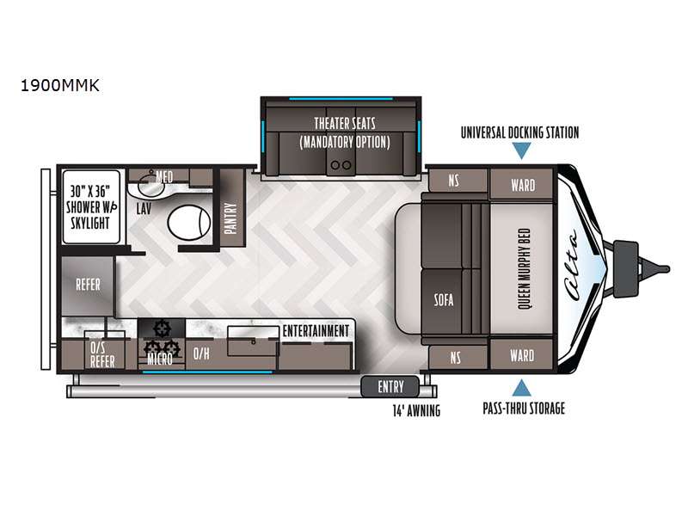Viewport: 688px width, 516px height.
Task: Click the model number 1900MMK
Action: (x=60, y=84)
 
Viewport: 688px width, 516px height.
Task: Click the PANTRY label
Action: (x=230, y=218)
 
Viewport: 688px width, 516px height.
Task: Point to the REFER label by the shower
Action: (x=89, y=285)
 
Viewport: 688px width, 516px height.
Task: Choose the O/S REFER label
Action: (x=102, y=354)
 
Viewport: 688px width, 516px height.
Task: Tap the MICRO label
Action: (x=160, y=359)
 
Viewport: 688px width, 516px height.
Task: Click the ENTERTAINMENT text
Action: (x=316, y=331)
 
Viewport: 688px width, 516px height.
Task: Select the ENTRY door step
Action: (x=390, y=386)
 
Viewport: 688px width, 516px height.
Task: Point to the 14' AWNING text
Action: (x=416, y=411)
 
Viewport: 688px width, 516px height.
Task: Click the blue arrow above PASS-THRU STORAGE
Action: (x=521, y=388)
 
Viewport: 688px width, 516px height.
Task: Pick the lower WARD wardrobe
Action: (x=522, y=355)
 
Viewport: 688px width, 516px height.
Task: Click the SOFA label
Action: (x=444, y=299)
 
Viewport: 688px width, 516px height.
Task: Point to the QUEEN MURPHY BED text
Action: (x=525, y=268)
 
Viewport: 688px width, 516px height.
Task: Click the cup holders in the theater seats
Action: (x=341, y=165)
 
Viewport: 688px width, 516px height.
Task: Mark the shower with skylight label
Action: (x=91, y=207)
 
